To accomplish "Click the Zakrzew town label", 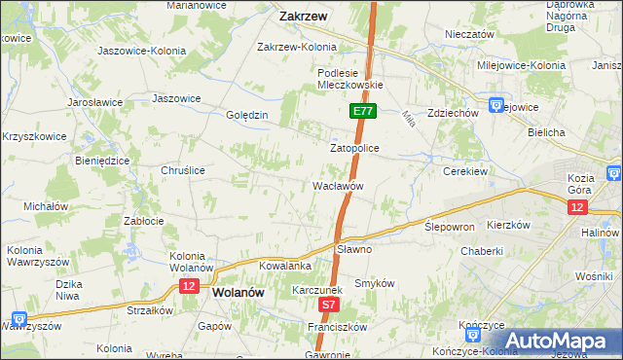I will (x=302, y=17).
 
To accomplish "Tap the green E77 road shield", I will (x=362, y=112).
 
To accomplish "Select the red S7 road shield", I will (x=330, y=305).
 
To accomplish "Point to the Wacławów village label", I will (x=338, y=185).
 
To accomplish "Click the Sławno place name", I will (x=354, y=249).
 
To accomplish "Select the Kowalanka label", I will (x=284, y=266).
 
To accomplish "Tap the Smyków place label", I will (x=375, y=283).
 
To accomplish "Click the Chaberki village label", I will (x=485, y=250).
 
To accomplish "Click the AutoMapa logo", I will (x=558, y=340).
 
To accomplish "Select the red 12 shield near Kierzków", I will (x=578, y=208).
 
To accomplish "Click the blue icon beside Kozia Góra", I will (x=614, y=173).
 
